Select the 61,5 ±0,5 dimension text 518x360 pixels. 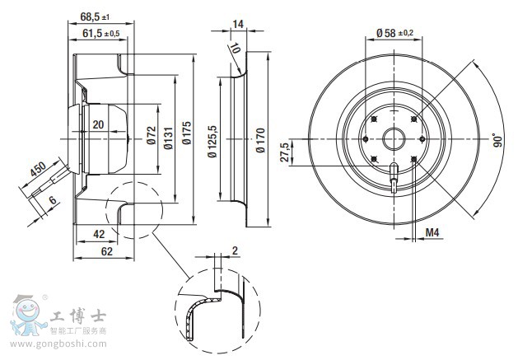100,33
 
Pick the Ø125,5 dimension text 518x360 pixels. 212,137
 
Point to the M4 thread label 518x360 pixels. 431,233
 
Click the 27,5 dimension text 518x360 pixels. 285,152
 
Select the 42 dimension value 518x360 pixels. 99,234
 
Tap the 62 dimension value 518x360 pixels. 108,252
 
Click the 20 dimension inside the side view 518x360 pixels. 98,125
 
